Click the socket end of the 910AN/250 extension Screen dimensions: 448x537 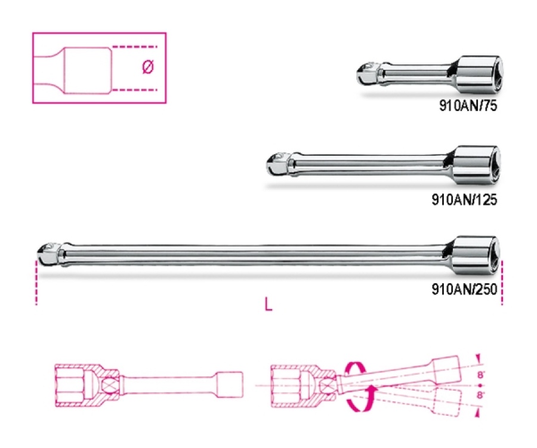click(x=476, y=250)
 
